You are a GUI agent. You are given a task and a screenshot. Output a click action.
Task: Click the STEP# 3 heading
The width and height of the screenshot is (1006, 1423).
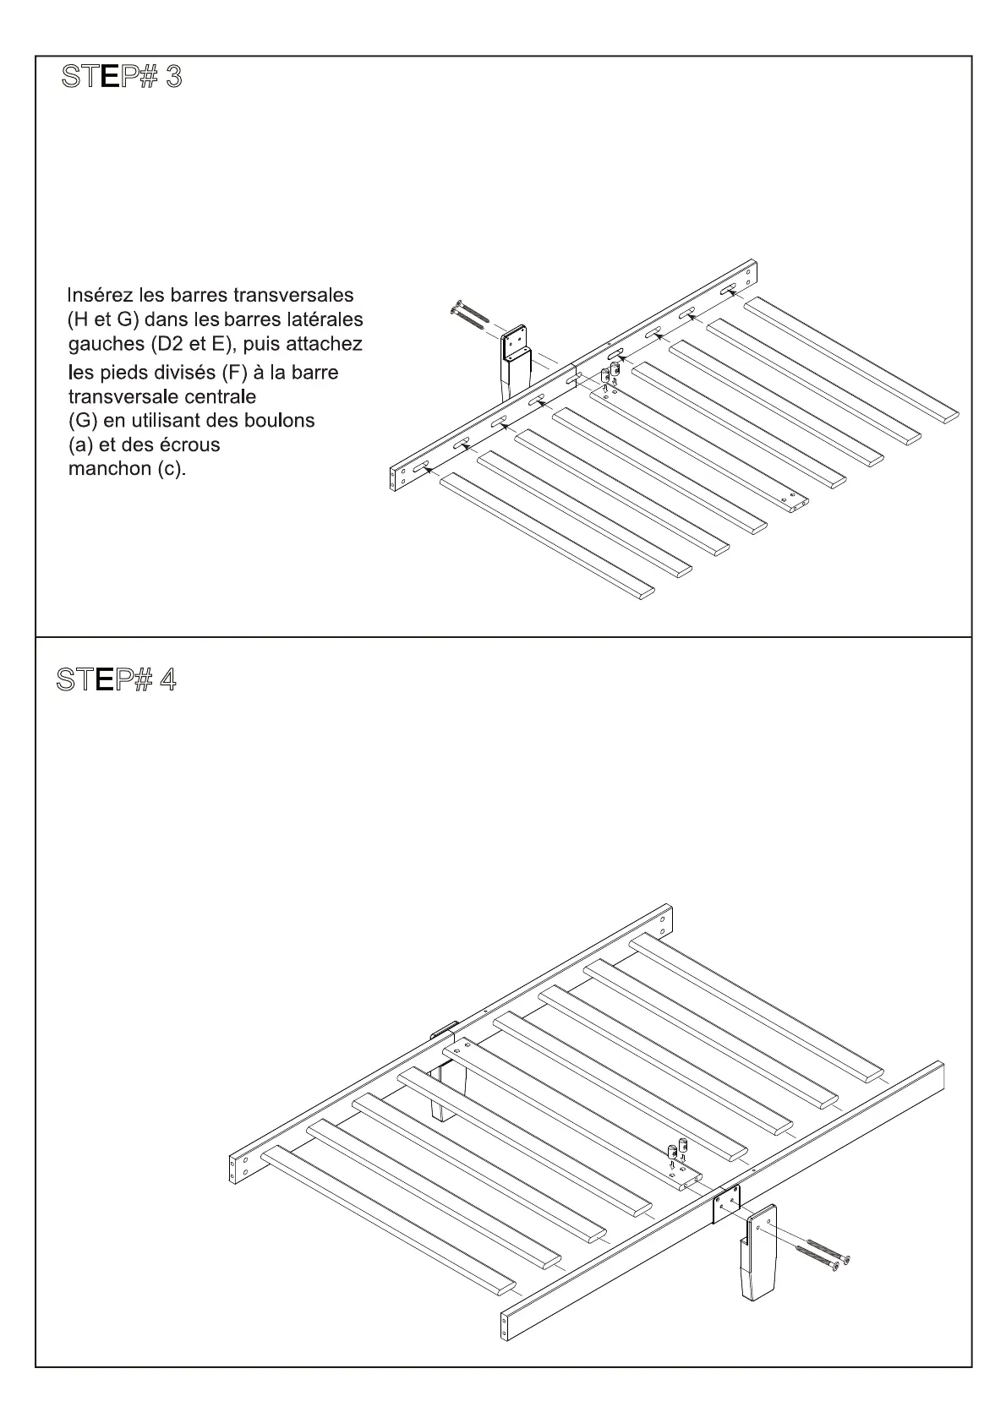(122, 77)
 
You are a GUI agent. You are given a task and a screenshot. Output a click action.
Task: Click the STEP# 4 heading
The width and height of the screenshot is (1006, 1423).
(117, 679)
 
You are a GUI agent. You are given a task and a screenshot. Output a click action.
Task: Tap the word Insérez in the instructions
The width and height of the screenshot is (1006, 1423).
(98, 296)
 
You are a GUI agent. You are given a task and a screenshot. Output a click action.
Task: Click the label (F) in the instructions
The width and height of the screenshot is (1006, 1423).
(232, 373)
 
